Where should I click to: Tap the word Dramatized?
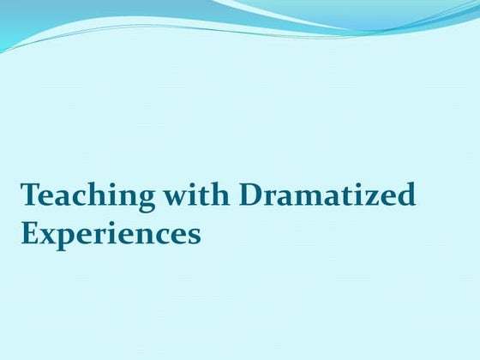(327, 196)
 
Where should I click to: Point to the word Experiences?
(111, 233)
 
